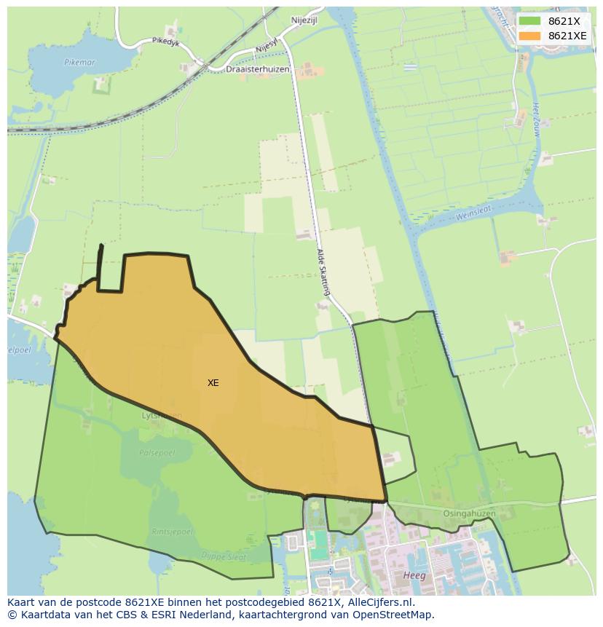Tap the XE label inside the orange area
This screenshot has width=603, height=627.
(x=213, y=382)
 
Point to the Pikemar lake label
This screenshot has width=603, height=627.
(x=79, y=63)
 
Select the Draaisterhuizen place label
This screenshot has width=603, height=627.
(x=258, y=69)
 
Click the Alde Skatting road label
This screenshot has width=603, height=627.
(x=323, y=272)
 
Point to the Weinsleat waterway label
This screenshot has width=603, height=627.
(x=473, y=213)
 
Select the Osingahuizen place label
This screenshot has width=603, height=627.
(x=469, y=513)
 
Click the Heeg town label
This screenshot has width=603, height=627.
(x=414, y=575)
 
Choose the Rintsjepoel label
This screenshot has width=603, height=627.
(x=173, y=532)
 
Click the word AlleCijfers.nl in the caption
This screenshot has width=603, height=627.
(x=379, y=603)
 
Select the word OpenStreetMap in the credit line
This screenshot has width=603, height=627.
(x=397, y=615)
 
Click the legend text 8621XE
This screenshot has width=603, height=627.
(x=567, y=36)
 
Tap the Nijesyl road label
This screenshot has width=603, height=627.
(x=267, y=45)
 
